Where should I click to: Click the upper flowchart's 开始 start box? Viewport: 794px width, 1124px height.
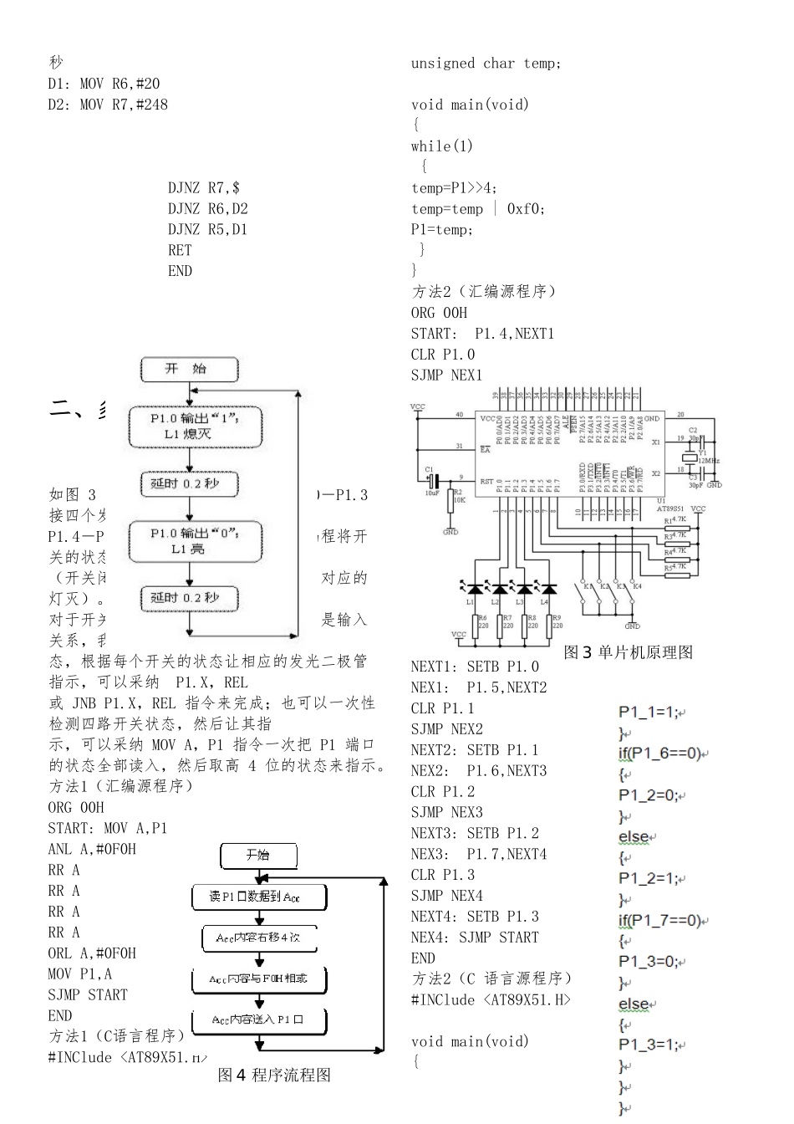(x=190, y=369)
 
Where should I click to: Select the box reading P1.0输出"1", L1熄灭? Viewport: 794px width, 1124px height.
(x=195, y=427)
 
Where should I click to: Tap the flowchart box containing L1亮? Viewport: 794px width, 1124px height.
(x=195, y=541)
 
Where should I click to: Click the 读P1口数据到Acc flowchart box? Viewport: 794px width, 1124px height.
(x=259, y=897)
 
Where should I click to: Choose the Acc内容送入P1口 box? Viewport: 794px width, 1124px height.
(x=259, y=1019)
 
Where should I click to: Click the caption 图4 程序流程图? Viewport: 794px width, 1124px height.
(x=274, y=1075)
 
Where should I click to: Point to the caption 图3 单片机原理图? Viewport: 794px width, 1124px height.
(x=629, y=652)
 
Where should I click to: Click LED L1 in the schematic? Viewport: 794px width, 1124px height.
(x=475, y=589)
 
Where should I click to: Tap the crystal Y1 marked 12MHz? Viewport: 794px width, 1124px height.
(x=689, y=457)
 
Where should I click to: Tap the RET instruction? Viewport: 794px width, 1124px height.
(x=180, y=250)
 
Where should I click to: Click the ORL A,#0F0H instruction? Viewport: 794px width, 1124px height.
(x=92, y=953)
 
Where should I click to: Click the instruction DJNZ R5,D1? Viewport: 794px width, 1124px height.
(x=207, y=229)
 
